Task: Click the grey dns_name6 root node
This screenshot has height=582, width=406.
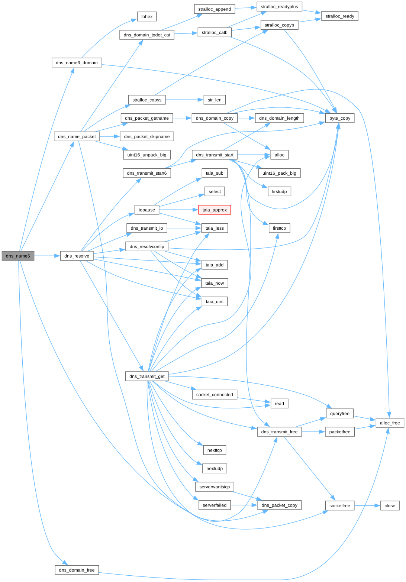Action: pyautogui.click(x=18, y=256)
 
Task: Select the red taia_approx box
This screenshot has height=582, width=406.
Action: pyautogui.click(x=215, y=210)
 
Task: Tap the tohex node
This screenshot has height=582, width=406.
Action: pyautogui.click(x=147, y=17)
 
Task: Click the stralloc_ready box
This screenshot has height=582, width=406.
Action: pyautogui.click(x=340, y=16)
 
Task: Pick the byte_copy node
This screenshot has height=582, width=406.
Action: pyautogui.click(x=340, y=118)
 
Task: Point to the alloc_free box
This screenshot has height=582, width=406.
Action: pyautogui.click(x=390, y=423)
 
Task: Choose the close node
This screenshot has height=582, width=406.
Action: pyautogui.click(x=390, y=505)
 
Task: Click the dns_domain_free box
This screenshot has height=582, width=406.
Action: pyautogui.click(x=77, y=570)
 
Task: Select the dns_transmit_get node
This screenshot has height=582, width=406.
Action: pyautogui.click(x=147, y=376)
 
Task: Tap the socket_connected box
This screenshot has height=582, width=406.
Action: pyautogui.click(x=215, y=395)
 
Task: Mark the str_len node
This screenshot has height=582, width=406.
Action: pyautogui.click(x=215, y=100)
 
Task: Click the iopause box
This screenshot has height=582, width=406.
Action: pyautogui.click(x=147, y=210)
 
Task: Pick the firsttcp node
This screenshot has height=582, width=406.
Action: pyautogui.click(x=280, y=228)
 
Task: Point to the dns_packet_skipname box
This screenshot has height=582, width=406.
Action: pyautogui.click(x=147, y=137)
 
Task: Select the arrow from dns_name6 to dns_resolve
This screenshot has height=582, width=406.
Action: pyautogui.click(x=47, y=256)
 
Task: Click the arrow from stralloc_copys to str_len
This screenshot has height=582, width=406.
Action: pyautogui.click(x=184, y=100)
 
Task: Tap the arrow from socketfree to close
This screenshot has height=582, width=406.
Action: pyautogui.click(x=367, y=505)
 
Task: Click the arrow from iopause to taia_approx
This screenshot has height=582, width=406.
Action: pyautogui.click(x=179, y=210)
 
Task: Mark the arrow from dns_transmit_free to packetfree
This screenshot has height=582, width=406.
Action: pyautogui.click(x=313, y=432)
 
